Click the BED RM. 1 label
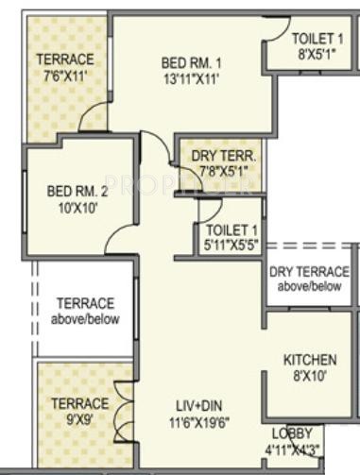pyautogui.click(x=191, y=63)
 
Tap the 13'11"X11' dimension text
pyautogui.click(x=191, y=79)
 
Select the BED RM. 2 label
pyautogui.click(x=77, y=191)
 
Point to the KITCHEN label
pyautogui.click(x=310, y=360)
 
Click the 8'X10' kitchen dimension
pyautogui.click(x=310, y=376)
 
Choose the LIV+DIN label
pyautogui.click(x=199, y=406)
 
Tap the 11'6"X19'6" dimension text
pyautogui.click(x=199, y=422)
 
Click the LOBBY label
pyautogui.click(x=292, y=433)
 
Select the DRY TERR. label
pyautogui.click(x=223, y=156)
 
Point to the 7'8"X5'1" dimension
pyautogui.click(x=224, y=171)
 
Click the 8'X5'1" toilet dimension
pyautogui.click(x=317, y=54)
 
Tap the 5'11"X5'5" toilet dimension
pyautogui.click(x=231, y=245)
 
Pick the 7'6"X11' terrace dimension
pyautogui.click(x=65, y=76)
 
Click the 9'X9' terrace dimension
pyautogui.click(x=80, y=419)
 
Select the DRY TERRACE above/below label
pyautogui.click(x=309, y=279)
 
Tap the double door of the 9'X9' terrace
pyautogui.click(x=124, y=413)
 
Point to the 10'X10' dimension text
pyautogui.click(x=77, y=208)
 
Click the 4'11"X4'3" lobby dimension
pyautogui.click(x=292, y=450)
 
